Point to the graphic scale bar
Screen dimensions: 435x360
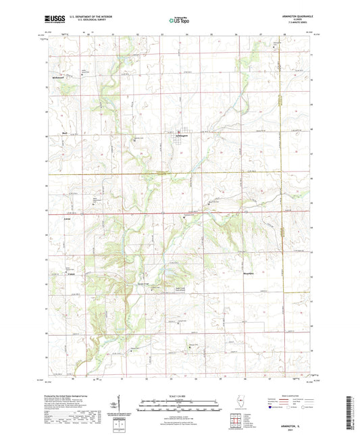point(180,403)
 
